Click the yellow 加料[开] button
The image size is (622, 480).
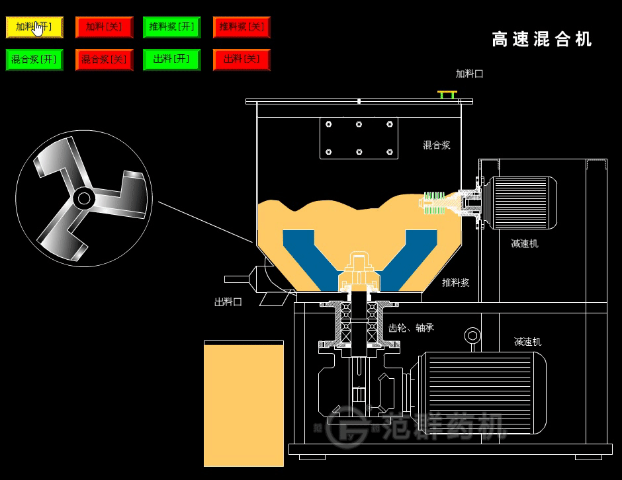tap(34, 27)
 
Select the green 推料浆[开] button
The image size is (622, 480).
tap(171, 27)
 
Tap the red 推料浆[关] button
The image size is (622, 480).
tap(242, 27)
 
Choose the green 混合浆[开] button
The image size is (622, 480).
tap(34, 60)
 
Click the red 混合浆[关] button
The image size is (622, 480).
tap(104, 60)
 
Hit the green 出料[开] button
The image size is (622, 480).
tap(171, 60)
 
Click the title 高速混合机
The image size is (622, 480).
tap(541, 40)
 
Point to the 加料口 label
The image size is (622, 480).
tap(469, 74)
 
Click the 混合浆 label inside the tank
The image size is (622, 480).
tap(437, 145)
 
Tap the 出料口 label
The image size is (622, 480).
tap(228, 301)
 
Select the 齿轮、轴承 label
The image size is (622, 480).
tap(411, 327)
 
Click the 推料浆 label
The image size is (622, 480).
tap(455, 282)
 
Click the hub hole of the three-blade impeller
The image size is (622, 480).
tap(83, 198)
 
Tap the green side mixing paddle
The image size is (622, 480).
tap(433, 203)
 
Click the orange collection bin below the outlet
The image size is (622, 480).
tap(244, 405)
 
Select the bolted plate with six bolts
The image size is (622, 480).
tap(359, 138)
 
